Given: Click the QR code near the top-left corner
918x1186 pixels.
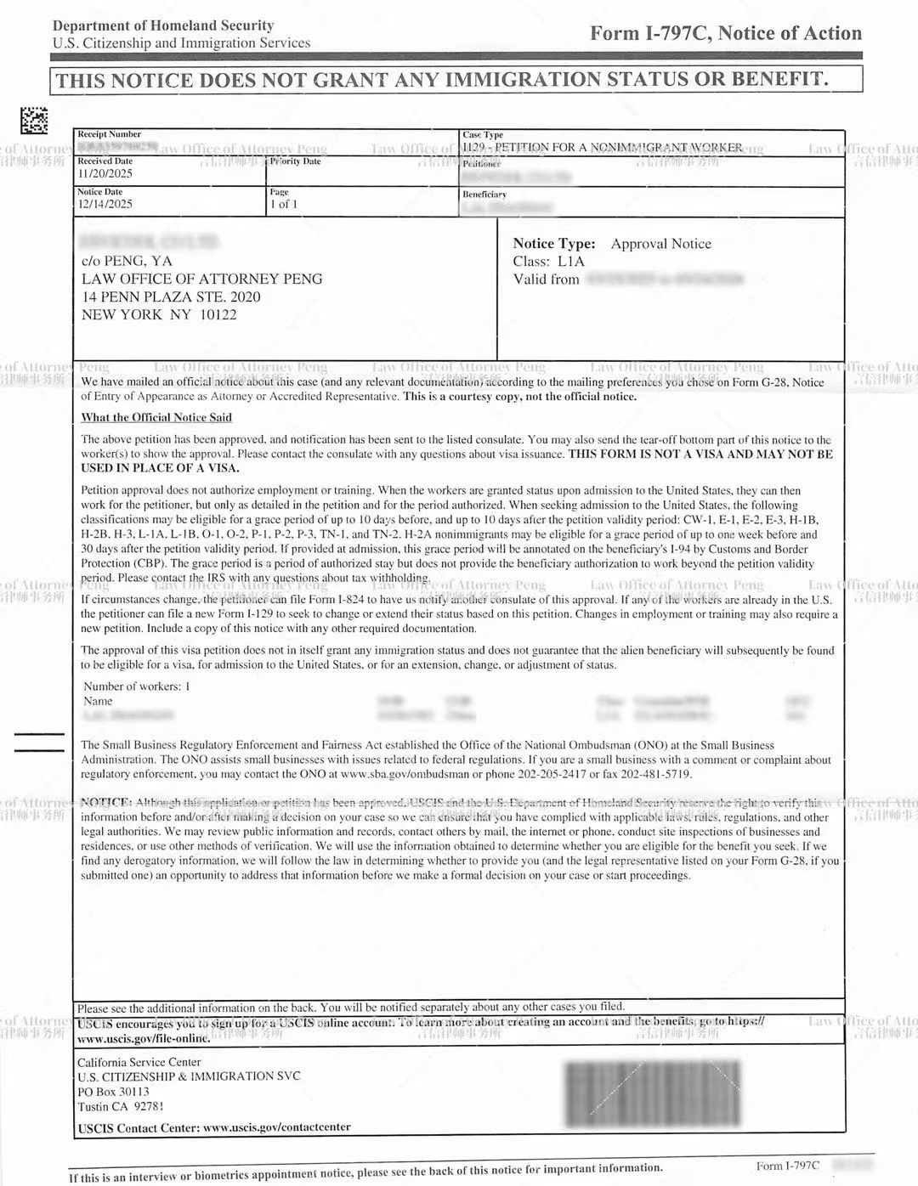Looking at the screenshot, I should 34,121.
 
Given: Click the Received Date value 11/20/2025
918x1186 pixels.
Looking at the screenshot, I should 105,174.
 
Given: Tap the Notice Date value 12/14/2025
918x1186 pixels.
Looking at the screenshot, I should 105,204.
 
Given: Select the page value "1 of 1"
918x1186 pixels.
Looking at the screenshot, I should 284,204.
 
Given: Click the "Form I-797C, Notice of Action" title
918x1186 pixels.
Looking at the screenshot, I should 726,33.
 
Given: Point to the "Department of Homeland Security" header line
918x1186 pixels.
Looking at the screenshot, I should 163,26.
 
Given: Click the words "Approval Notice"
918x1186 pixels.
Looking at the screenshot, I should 660,244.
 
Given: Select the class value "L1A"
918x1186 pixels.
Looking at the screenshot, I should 571,262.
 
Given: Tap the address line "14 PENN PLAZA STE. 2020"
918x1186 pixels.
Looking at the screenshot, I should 171,296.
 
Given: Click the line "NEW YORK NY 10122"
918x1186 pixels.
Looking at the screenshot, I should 159,314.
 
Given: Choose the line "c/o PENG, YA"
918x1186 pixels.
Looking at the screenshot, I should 127,261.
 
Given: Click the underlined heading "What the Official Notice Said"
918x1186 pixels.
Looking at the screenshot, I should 156,417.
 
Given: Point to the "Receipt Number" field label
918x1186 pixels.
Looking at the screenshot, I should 110,134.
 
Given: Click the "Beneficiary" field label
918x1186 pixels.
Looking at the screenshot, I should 484,195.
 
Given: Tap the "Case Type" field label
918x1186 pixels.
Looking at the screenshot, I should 483,134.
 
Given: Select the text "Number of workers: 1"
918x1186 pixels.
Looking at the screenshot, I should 137,686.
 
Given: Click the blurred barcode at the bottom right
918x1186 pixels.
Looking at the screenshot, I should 652,1092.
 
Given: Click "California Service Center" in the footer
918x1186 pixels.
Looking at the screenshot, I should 139,1062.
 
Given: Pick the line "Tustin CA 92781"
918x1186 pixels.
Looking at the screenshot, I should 121,1106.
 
